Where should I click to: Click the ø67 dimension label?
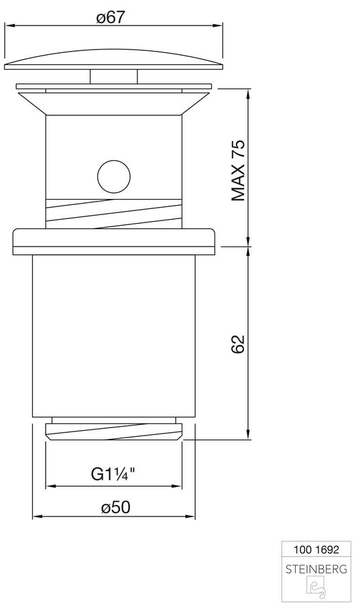pos(111,17)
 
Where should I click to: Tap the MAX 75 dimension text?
pos(238,171)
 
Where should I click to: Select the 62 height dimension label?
pos(238,344)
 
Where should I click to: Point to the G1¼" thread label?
pos(113,474)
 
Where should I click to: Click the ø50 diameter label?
pos(116,508)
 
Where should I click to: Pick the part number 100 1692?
pos(316,549)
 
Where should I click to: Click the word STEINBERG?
pos(316,569)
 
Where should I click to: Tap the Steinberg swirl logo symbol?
pos(316,588)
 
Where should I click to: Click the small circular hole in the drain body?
pos(114,177)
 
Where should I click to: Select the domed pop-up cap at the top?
pos(113,60)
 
